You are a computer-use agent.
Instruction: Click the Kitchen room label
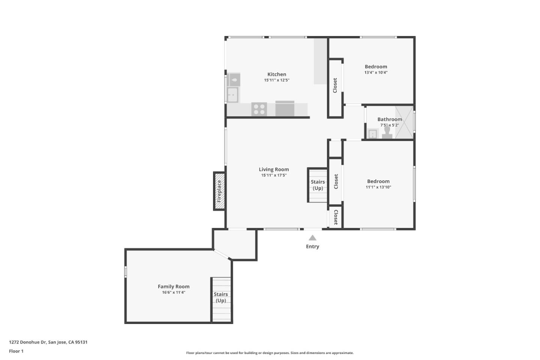pyautogui.click(x=277, y=74)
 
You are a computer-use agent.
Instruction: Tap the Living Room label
pyautogui.click(x=274, y=169)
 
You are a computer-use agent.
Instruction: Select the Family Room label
pyautogui.click(x=174, y=286)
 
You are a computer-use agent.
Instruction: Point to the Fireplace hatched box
pyautogui.click(x=219, y=191)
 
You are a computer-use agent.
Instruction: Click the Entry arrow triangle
pyautogui.click(x=312, y=238)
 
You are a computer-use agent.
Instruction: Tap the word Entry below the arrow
pyautogui.click(x=312, y=246)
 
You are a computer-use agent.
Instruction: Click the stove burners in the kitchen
pyautogui.click(x=259, y=109)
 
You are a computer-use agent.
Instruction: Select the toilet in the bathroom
pyautogui.click(x=387, y=133)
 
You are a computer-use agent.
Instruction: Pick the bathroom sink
pyautogui.click(x=373, y=134)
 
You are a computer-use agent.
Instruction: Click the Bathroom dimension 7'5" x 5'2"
pyautogui.click(x=390, y=125)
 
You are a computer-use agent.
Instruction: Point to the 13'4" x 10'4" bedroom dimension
pyautogui.click(x=376, y=72)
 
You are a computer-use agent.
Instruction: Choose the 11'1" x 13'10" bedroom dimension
pyautogui.click(x=378, y=187)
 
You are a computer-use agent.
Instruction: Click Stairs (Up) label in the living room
pyautogui.click(x=318, y=185)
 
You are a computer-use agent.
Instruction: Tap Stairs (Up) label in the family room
pyautogui.click(x=220, y=297)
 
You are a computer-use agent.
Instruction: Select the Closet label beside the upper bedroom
pyautogui.click(x=335, y=85)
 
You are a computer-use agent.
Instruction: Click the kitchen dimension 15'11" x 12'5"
pyautogui.click(x=277, y=80)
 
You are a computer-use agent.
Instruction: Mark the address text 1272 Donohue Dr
pyautogui.click(x=27, y=342)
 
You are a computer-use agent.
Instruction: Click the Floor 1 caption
pyautogui.click(x=16, y=351)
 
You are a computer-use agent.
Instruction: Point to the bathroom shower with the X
pyautogui.click(x=404, y=123)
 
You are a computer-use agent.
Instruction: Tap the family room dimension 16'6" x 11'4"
pyautogui.click(x=174, y=292)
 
